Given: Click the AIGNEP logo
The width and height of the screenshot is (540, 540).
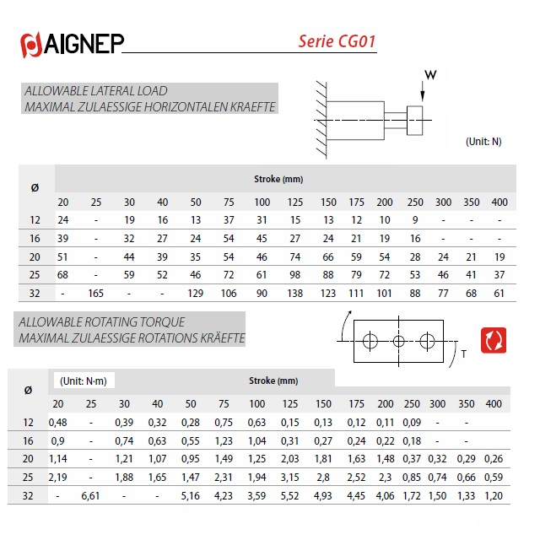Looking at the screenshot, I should click(x=73, y=44).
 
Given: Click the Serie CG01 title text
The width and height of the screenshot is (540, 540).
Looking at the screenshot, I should click(x=337, y=41).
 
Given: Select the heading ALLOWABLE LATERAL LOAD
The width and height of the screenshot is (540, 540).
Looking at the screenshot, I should click(x=96, y=90).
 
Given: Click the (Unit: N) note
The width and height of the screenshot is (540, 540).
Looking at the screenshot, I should click(x=483, y=141).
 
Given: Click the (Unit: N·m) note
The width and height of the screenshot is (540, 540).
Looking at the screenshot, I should click(x=82, y=381).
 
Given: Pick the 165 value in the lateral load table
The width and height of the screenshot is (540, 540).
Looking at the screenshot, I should click(x=95, y=294).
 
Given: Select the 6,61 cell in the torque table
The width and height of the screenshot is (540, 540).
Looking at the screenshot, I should click(x=90, y=495).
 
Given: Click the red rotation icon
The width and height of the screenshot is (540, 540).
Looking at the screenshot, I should click(x=493, y=340).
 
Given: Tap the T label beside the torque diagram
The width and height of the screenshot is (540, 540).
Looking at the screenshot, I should click(x=463, y=355).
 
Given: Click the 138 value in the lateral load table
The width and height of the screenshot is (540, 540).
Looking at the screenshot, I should click(x=295, y=294).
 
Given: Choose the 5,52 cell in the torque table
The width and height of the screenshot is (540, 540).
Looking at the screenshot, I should click(x=291, y=495).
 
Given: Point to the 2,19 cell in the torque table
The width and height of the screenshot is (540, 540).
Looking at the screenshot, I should click(x=58, y=477).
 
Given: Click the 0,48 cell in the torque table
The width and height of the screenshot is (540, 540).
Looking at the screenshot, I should click(x=58, y=422).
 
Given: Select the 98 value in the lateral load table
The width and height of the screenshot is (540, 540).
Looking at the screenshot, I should click(x=295, y=275).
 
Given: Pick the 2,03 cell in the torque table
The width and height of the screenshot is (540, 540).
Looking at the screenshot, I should click(x=291, y=459).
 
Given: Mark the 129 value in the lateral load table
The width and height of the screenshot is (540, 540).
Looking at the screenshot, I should click(x=196, y=294).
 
